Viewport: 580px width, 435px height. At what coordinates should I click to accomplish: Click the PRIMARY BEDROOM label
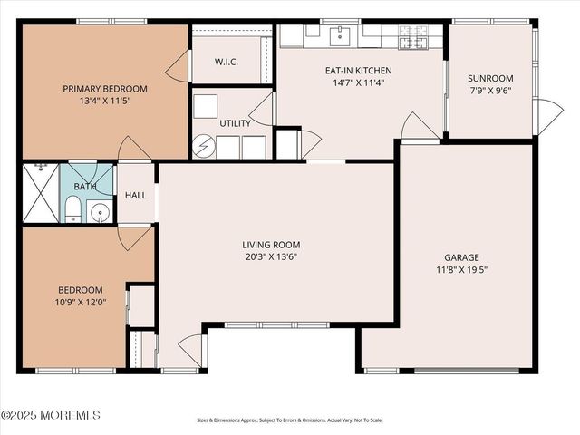pos(105,89)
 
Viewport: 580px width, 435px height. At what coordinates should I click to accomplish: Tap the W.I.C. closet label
pos(227,62)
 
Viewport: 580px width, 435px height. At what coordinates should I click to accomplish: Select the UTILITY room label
pos(236,123)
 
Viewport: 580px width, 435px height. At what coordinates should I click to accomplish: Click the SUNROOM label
pos(490,78)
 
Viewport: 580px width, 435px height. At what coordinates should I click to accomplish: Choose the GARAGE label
pos(461,257)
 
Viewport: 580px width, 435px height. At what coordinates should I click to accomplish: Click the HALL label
pos(136,195)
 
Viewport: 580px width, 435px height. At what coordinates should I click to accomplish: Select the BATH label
pos(85,186)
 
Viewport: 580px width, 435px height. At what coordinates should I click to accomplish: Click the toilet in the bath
pos(72,211)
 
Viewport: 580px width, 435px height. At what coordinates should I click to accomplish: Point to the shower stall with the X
pos(41,192)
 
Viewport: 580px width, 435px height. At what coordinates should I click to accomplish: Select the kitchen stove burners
pos(412,37)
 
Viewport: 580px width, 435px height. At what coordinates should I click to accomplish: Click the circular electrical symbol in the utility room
pos(203,145)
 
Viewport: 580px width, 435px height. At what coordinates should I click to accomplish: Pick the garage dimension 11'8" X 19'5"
pos(461,269)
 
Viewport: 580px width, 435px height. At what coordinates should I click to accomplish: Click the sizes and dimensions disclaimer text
pos(290,420)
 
